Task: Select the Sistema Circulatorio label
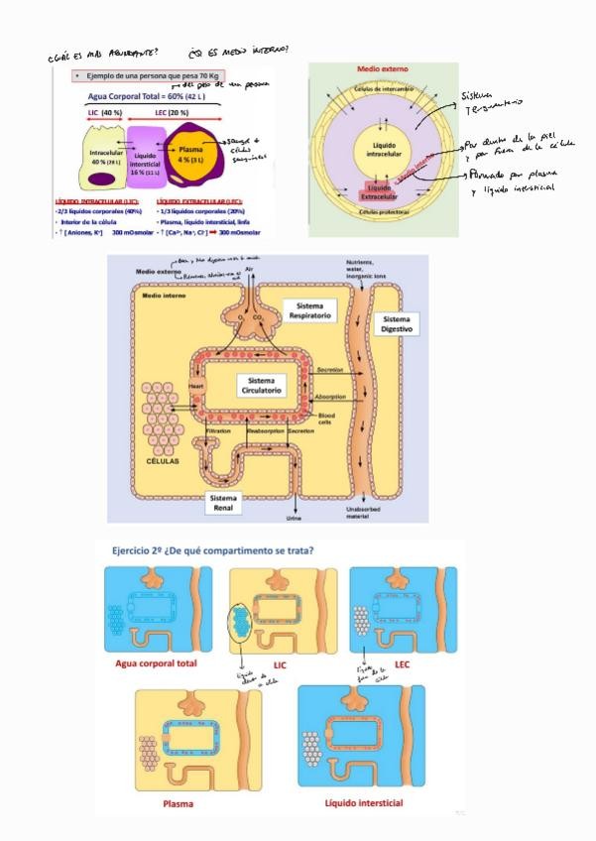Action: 261,386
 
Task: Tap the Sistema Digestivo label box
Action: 396,325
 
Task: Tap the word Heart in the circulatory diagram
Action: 195,378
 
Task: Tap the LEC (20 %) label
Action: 175,113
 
